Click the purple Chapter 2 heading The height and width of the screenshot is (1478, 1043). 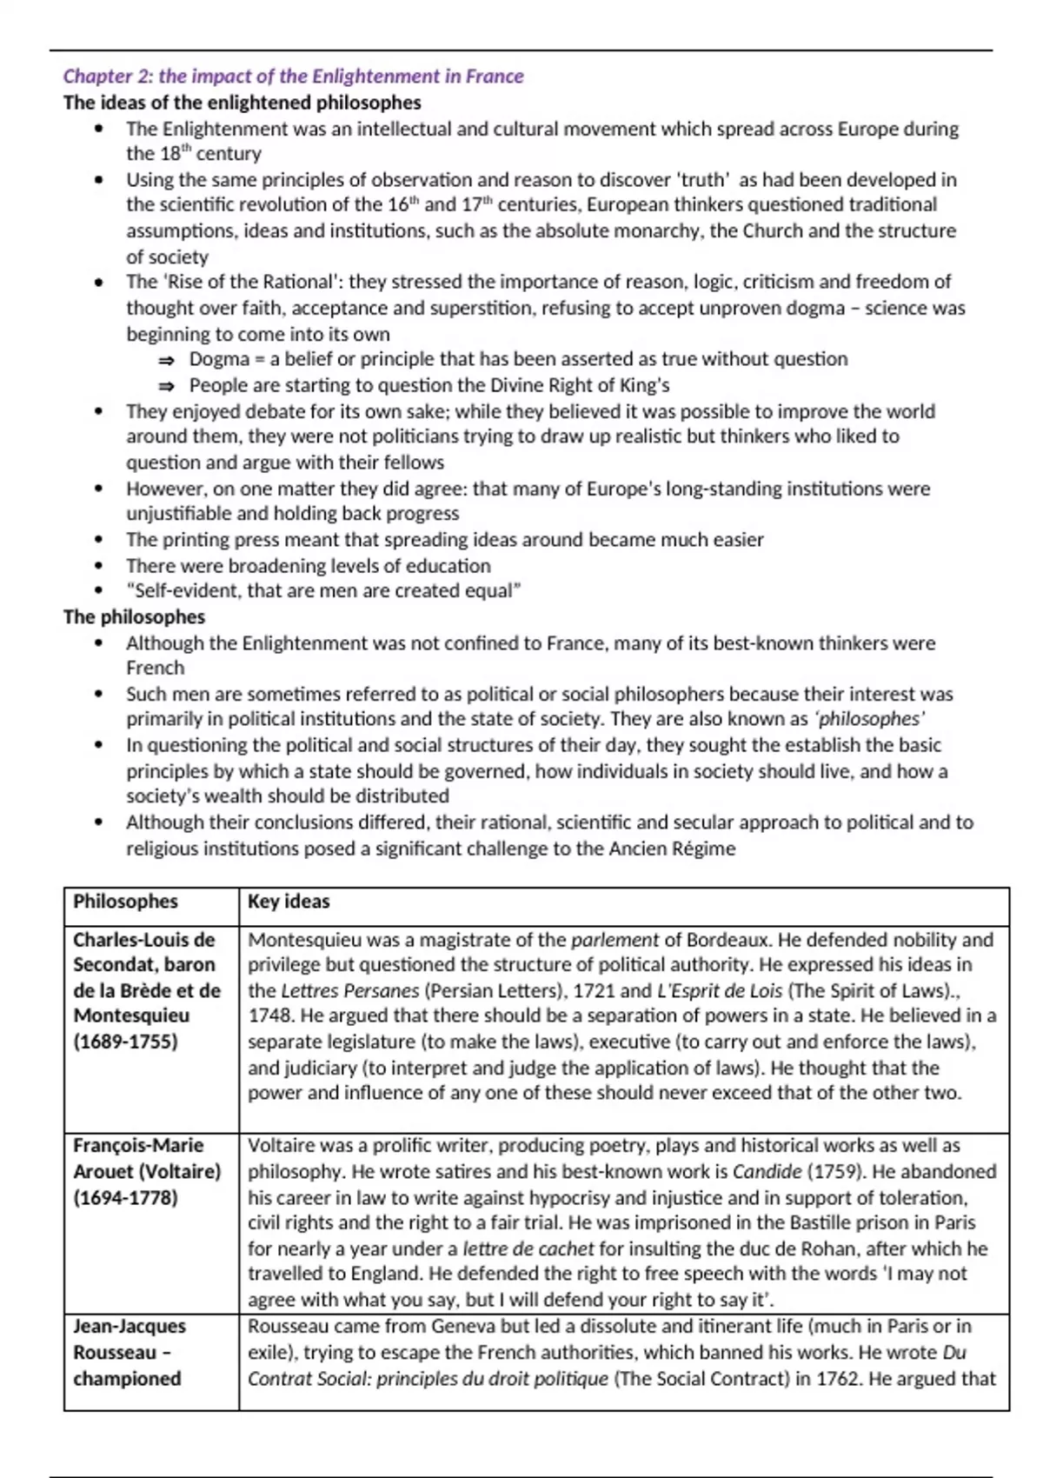click(x=293, y=77)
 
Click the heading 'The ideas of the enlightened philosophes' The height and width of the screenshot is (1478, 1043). click(x=242, y=103)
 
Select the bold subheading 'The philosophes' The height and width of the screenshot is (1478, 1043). click(x=134, y=617)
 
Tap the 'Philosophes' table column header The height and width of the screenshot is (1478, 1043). click(x=125, y=902)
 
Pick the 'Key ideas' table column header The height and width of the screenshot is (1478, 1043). click(x=289, y=902)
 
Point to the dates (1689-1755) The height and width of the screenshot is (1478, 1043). click(x=125, y=1042)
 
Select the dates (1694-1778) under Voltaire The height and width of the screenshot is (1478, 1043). click(x=125, y=1198)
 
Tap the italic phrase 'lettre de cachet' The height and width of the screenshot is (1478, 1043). click(x=528, y=1249)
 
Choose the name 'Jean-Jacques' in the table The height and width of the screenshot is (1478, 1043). click(x=130, y=1327)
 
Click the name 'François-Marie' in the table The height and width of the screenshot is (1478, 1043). click(x=138, y=1146)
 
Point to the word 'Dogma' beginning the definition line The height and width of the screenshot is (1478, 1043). click(x=219, y=360)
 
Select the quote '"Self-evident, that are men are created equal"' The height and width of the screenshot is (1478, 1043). click(x=323, y=591)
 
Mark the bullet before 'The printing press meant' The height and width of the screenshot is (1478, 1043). click(x=100, y=540)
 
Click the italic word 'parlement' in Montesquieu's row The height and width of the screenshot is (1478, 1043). click(x=615, y=940)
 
